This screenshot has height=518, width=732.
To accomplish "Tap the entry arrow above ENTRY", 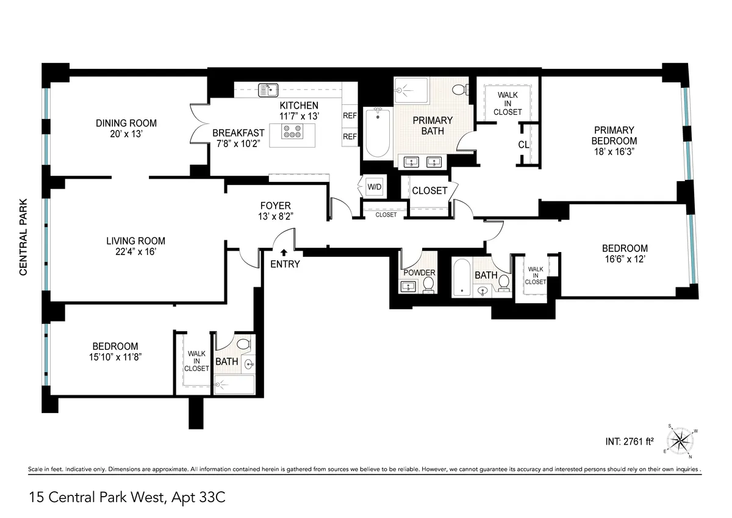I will tap(284, 251).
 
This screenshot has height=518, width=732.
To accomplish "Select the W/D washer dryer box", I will tap(373, 186).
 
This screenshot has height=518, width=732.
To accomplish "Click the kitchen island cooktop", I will tap(293, 131).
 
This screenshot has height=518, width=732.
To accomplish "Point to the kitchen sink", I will tap(267, 90).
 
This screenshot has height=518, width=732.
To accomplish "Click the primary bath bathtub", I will tap(378, 133).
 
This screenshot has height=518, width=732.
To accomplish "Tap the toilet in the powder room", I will tap(428, 284).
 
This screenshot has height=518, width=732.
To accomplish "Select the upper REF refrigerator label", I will tap(350, 115).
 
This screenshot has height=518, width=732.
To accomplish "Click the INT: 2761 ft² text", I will tap(630, 441).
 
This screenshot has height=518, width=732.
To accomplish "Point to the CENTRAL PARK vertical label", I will tap(24, 237).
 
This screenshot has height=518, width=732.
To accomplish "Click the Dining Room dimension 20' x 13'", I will tap(126, 134).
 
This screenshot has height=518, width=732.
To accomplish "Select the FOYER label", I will tap(275, 206).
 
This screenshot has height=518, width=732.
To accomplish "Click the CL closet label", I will tap(523, 145).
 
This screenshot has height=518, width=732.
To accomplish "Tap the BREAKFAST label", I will tap(239, 133).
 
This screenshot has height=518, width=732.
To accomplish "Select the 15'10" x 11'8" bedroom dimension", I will tap(115, 358).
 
